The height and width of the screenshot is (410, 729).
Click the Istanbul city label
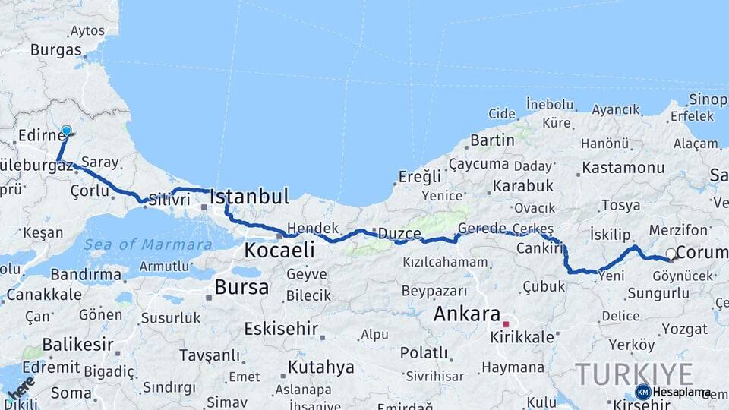(x=249, y=197)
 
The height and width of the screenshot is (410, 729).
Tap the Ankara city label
(x=467, y=314)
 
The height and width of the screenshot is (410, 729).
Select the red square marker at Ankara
(x=506, y=324)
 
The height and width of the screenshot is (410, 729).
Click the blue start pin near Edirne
(x=66, y=131)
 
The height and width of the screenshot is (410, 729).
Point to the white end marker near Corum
(x=671, y=254)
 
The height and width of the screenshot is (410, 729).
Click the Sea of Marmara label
(x=148, y=244)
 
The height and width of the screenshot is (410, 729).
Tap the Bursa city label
(x=241, y=287)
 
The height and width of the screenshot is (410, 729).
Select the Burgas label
(x=56, y=50)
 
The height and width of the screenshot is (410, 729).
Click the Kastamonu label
(x=623, y=167)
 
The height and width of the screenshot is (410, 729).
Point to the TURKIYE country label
(x=633, y=374)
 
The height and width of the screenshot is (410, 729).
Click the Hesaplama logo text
(x=682, y=392)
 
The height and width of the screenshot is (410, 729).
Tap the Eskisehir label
(x=279, y=329)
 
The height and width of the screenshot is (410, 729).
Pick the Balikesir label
(x=77, y=345)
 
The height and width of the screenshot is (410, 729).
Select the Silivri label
(x=169, y=199)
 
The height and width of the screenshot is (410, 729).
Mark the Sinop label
(x=708, y=99)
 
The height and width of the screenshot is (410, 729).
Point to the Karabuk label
(x=523, y=185)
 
